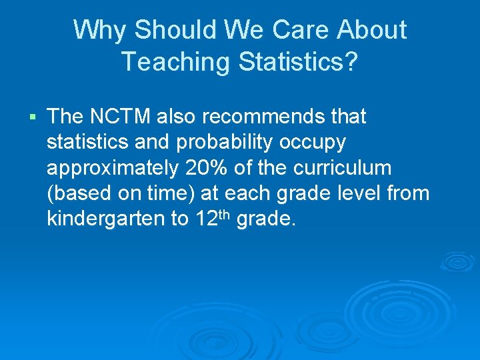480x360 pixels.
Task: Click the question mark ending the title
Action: click(351, 62)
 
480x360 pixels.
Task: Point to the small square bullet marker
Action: click(33, 118)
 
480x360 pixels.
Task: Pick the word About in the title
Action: click(372, 30)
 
